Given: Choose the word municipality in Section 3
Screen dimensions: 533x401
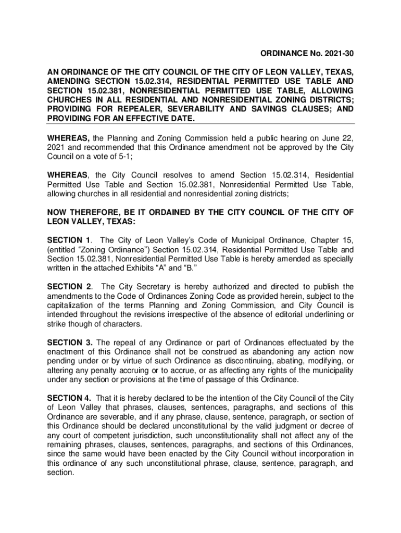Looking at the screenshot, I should [329, 371].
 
